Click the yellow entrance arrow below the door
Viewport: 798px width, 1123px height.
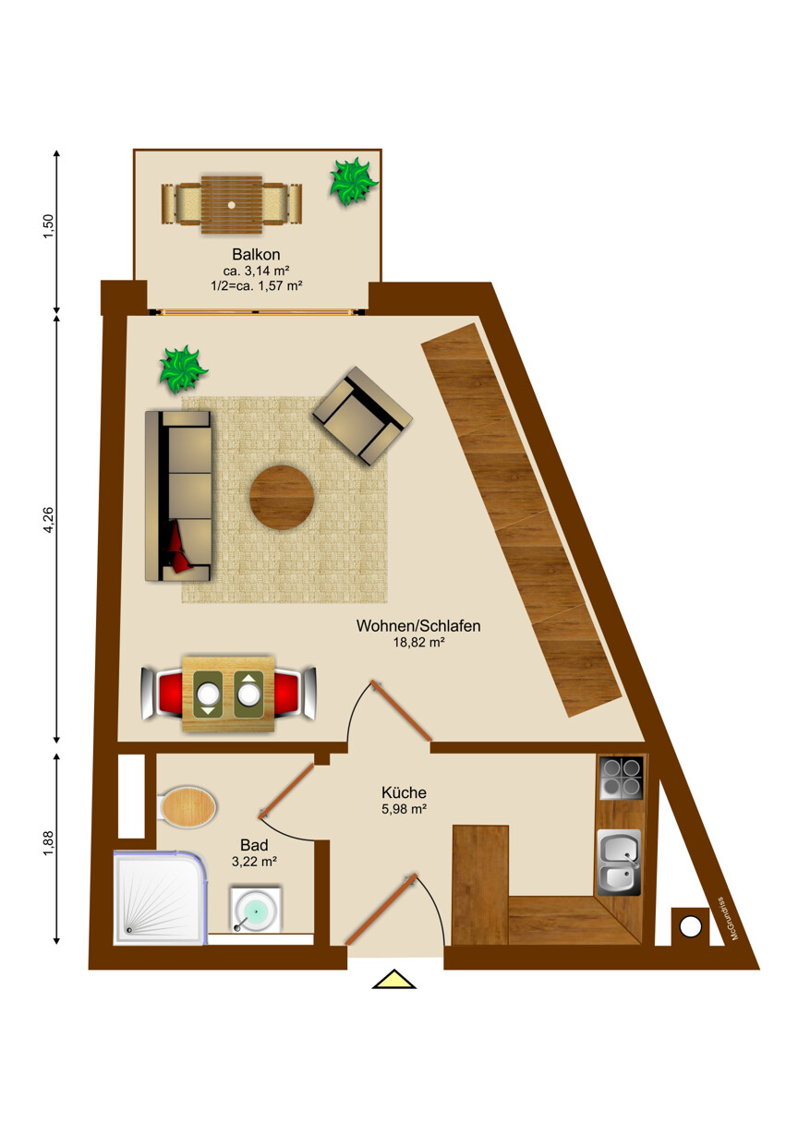coord(394,979)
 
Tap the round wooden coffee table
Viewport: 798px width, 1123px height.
coord(282,498)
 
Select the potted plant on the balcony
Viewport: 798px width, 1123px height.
coord(353,182)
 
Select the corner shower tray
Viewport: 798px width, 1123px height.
coord(159,898)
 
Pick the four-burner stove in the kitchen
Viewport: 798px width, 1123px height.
coord(621,778)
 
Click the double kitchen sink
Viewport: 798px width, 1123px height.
coord(619,863)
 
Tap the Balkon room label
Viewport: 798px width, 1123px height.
coord(256,254)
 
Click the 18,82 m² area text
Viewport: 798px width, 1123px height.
coord(419,643)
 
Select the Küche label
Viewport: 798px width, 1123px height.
coord(404,792)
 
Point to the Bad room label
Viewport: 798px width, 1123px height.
coord(255,844)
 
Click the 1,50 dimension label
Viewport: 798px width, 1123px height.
coord(50,227)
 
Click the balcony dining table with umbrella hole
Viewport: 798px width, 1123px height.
coord(232,202)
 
